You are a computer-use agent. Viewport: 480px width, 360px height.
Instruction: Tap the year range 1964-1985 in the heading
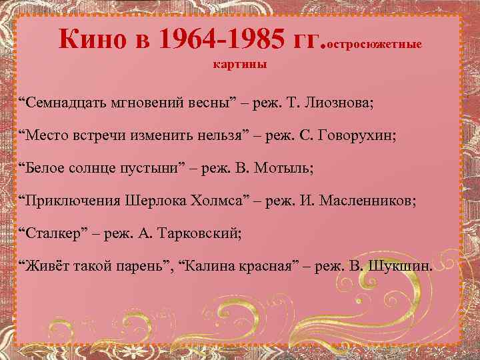223,41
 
